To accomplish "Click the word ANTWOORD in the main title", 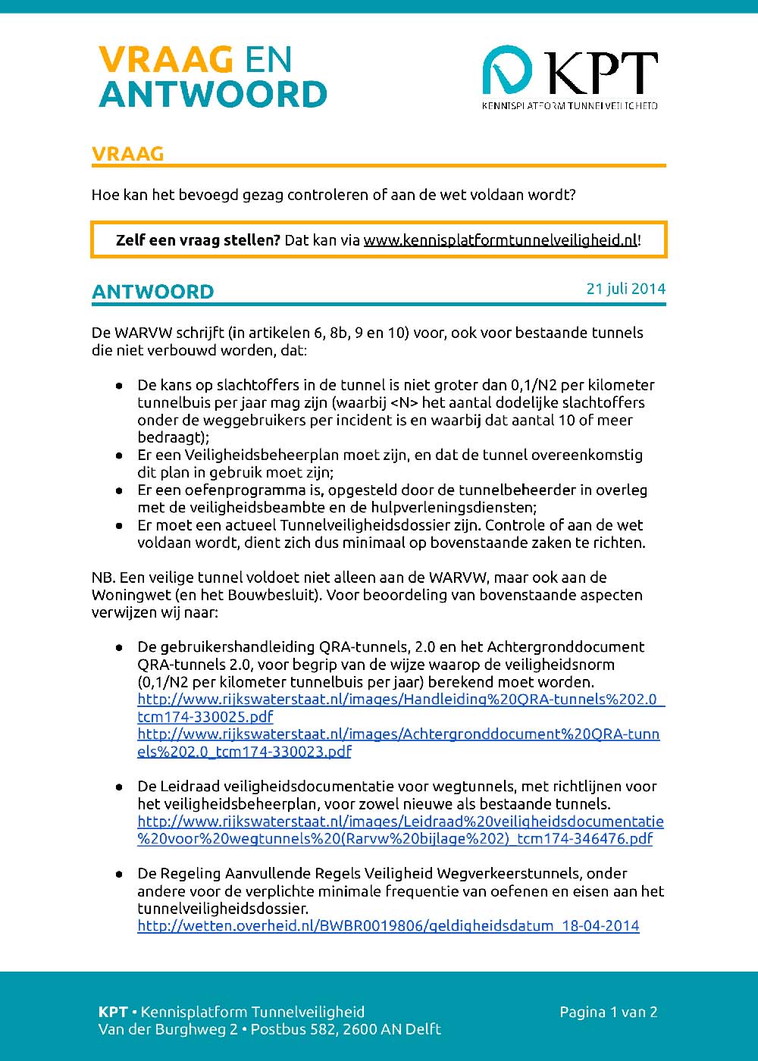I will point(213,95).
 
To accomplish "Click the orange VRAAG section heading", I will point(127,154).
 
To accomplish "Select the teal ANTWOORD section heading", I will point(152,292).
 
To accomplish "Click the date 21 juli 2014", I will point(625,289).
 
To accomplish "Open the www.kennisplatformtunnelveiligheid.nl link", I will point(500,240).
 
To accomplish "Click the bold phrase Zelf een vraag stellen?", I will point(198,240).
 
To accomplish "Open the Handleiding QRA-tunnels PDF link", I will point(400,700).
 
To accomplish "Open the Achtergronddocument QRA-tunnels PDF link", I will point(398,734).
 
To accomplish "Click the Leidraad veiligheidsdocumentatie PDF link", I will point(400,822).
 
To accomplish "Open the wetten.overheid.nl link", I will point(388,926).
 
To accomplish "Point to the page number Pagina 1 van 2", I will point(608,1012).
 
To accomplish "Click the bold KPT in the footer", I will point(113,1012).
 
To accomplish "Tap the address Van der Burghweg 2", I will point(168,1029).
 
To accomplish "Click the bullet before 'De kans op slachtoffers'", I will point(119,386).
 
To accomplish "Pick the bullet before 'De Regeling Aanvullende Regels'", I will point(119,874).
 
